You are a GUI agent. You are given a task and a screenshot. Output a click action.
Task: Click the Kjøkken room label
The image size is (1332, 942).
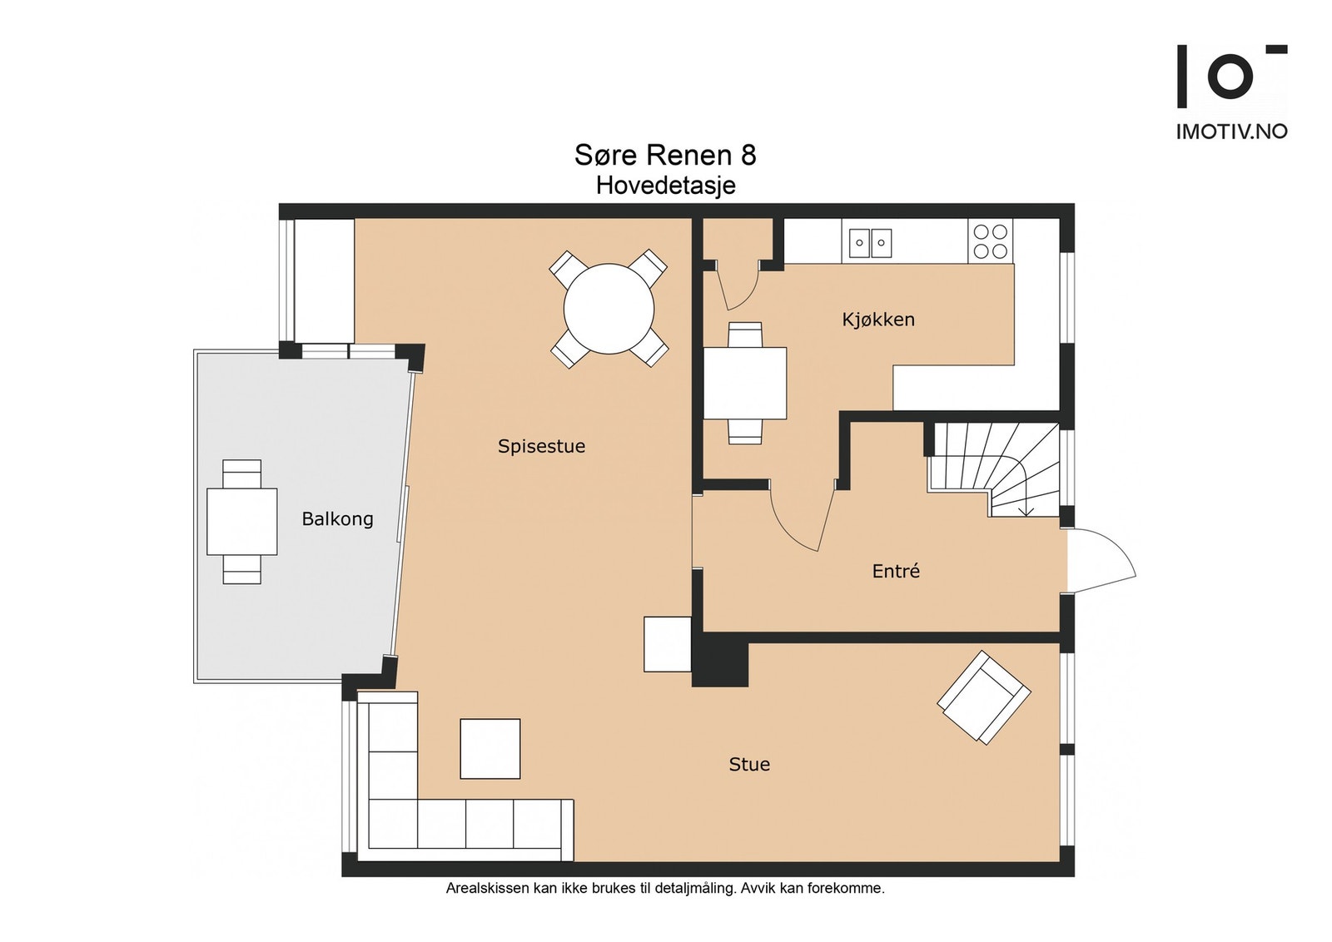(877, 320)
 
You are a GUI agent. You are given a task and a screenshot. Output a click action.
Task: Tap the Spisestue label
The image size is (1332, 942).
(541, 446)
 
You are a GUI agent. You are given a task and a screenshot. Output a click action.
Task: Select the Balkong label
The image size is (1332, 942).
(337, 518)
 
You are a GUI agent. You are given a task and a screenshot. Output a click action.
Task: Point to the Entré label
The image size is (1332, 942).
(896, 571)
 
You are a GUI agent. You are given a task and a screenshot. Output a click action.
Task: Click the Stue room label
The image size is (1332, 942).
(749, 764)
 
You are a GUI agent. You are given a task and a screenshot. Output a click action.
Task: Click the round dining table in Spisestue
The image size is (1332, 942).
(609, 309)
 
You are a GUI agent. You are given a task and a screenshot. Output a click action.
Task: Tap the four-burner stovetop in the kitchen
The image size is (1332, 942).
(990, 240)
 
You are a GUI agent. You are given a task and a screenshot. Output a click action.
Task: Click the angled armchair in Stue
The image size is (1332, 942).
(983, 697)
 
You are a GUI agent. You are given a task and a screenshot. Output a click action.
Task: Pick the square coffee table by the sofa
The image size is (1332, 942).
(490, 749)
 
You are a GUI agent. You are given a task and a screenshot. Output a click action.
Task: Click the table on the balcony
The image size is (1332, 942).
(242, 521)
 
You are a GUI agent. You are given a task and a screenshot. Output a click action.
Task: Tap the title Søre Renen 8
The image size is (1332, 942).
(665, 155)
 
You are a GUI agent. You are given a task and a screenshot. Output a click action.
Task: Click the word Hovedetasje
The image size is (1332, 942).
(665, 186)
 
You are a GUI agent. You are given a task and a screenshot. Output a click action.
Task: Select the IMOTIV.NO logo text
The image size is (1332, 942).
(1231, 131)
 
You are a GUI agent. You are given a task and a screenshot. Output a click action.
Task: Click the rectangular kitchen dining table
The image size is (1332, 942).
(745, 384)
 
